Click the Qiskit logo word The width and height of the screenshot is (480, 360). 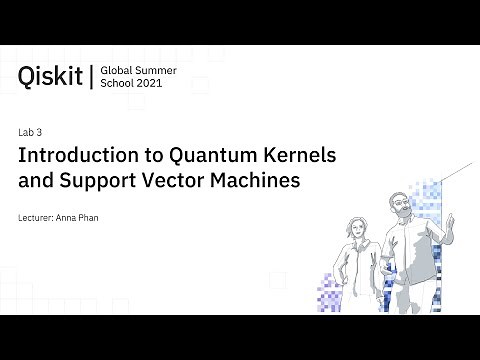pyautogui.click(x=50, y=76)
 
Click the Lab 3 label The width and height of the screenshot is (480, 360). pyautogui.click(x=30, y=132)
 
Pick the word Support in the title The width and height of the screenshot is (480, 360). pyautogui.click(x=117, y=182)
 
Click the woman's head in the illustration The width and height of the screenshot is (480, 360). pyautogui.click(x=354, y=224)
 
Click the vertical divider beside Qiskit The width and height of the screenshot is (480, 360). pyautogui.click(x=92, y=76)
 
